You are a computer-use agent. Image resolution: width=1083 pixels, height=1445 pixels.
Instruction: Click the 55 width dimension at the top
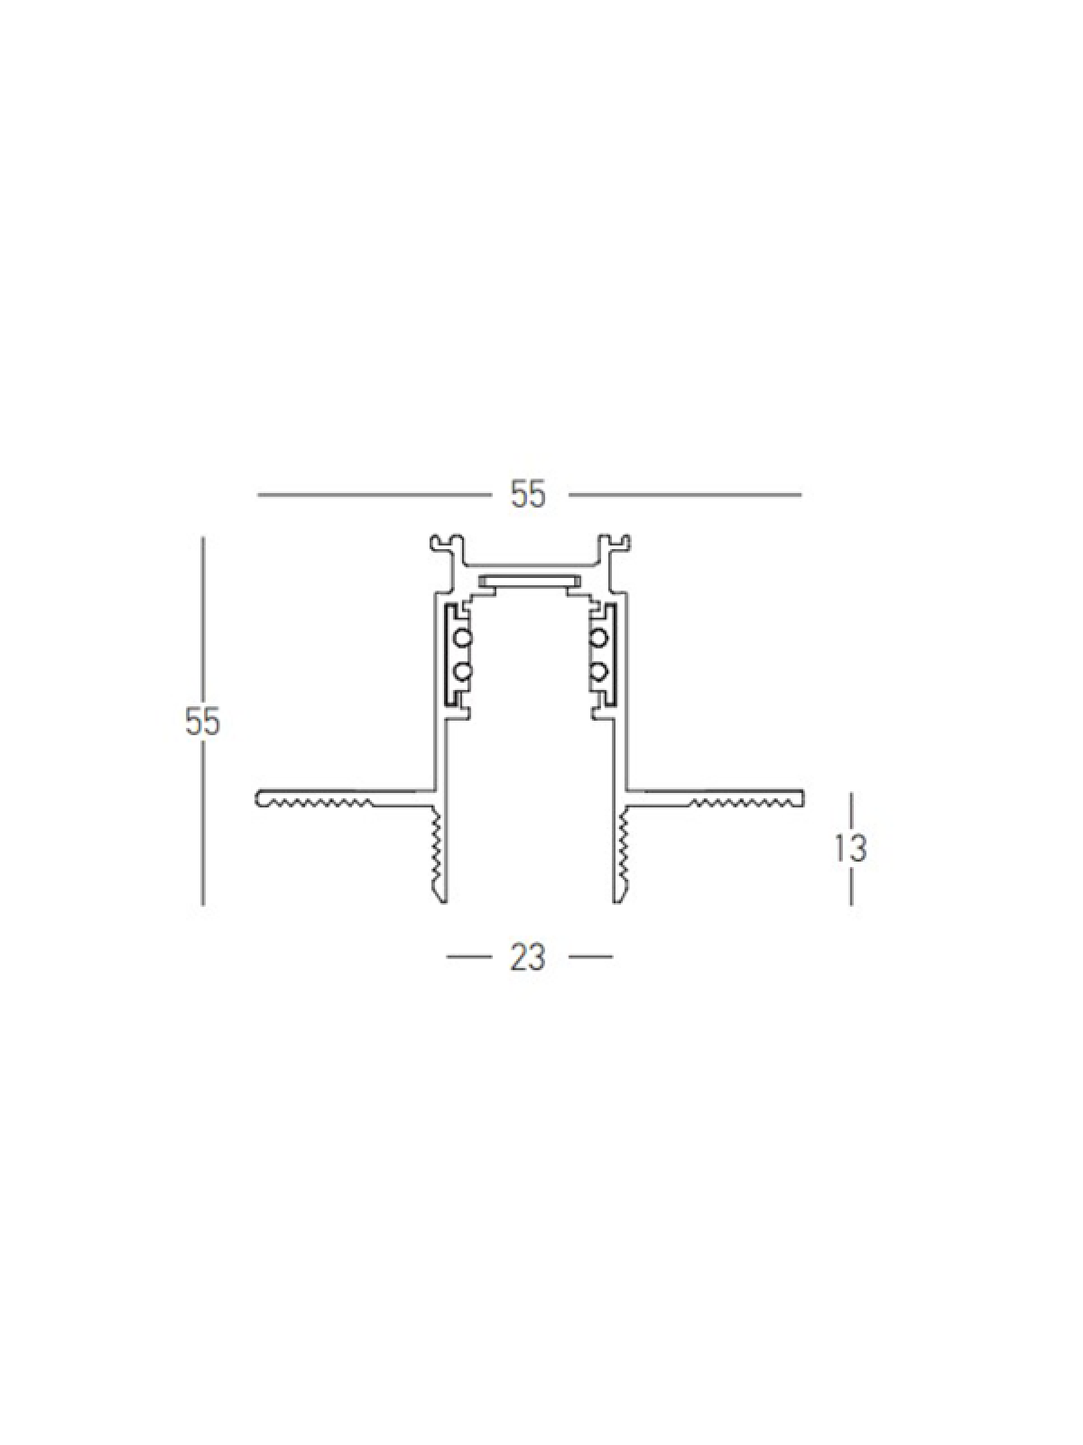pos(528,494)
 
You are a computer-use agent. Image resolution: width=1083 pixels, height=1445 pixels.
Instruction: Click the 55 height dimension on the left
pos(202,722)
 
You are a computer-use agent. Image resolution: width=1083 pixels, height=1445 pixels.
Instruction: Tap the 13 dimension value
pos(851,849)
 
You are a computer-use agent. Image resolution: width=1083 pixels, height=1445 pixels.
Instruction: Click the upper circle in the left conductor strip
pos(464,638)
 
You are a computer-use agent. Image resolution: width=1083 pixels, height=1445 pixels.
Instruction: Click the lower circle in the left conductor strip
pos(464,672)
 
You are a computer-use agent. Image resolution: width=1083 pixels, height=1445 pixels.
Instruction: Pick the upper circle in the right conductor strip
pos(598,638)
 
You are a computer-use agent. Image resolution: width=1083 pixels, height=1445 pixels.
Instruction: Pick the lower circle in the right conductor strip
pos(598,672)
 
